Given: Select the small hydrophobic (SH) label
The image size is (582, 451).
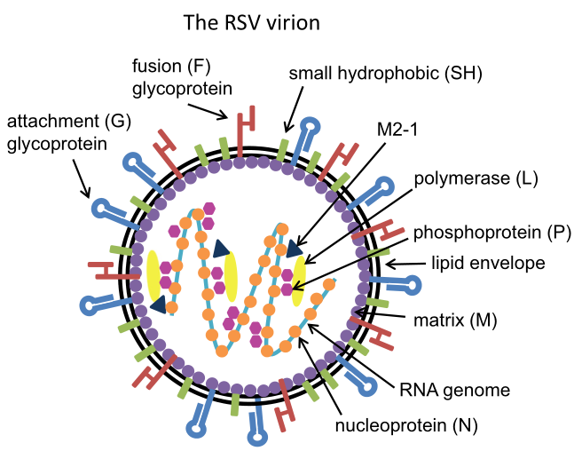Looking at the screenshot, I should tap(384, 75).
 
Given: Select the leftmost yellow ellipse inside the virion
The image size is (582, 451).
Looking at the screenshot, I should tap(154, 275).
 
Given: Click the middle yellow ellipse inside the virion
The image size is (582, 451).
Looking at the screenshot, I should tap(231, 275).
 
